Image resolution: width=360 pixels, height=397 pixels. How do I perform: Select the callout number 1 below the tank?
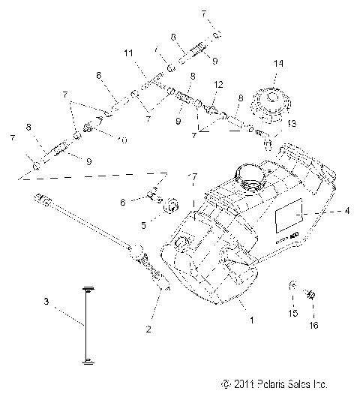click(251, 320)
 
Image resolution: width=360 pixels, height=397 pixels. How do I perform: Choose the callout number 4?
click(346, 212)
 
